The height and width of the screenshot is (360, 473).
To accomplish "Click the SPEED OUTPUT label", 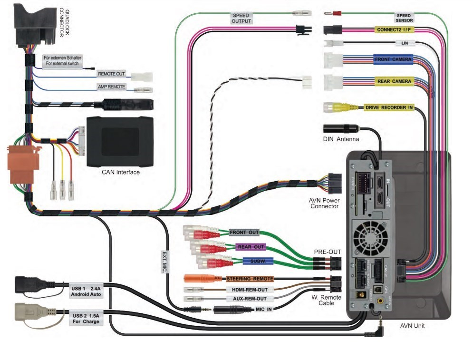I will coord(241,18).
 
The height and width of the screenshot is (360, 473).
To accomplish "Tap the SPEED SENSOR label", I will coord(404,18).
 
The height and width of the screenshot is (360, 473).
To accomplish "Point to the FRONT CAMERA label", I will coord(393,59).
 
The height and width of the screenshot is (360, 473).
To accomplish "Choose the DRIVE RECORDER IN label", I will coord(389,107).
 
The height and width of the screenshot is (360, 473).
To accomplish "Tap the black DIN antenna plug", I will coord(340,128).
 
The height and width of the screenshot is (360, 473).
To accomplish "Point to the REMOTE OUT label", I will coord(111,74).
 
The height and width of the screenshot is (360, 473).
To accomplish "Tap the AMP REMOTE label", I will coord(111,87).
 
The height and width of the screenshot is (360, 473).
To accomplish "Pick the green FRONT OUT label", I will coord(244,233).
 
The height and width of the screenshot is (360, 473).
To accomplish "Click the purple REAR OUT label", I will coord(250,247).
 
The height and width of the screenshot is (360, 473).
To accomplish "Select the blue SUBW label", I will coord(257,261).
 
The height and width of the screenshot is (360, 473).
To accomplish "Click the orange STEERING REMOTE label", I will coord(250,278).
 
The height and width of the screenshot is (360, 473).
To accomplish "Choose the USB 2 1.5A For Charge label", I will coord(86,318).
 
